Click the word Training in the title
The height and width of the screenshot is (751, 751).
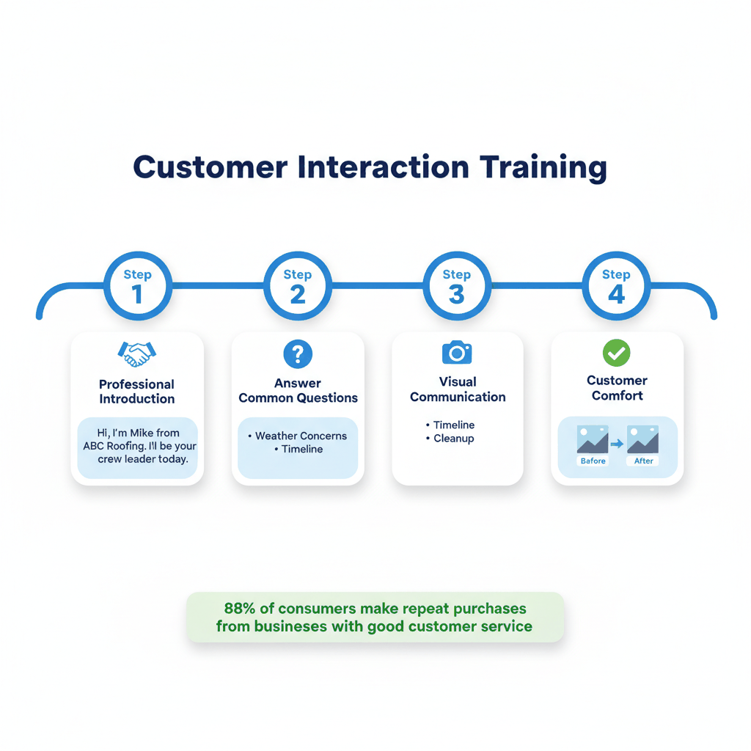543,167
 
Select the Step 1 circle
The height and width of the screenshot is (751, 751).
137,286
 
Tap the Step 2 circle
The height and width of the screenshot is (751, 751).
297,286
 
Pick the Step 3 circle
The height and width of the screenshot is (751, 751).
456,286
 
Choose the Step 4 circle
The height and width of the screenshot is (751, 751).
616,286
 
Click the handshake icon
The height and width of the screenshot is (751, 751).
136,354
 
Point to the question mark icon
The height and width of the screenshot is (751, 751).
298,354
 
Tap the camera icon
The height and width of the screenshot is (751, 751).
457,353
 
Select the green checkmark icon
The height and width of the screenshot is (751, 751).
616,353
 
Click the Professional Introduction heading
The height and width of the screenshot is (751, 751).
137,392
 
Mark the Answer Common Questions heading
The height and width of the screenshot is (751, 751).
298,391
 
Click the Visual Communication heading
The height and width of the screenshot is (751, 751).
458,389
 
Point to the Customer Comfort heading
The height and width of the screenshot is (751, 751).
617,388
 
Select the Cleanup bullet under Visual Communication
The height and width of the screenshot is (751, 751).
453,439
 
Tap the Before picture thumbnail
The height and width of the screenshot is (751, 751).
593,440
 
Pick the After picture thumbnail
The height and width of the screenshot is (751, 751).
643,440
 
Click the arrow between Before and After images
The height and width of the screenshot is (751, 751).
618,444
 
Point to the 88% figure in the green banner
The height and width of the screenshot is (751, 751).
238,609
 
